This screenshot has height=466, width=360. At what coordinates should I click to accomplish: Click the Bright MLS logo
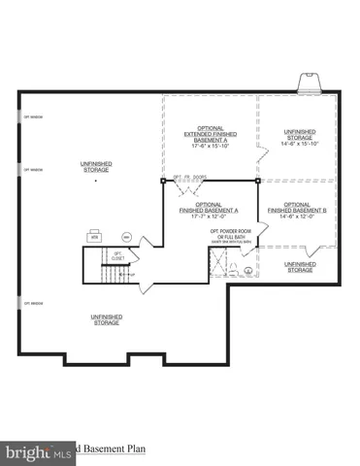(37, 451)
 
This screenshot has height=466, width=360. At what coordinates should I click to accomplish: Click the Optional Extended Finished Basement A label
(210, 137)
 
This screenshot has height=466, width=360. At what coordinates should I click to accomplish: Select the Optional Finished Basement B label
(298, 207)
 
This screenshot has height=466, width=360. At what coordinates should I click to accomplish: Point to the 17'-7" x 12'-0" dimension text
(210, 216)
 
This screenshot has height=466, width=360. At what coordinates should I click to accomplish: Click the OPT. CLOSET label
(117, 256)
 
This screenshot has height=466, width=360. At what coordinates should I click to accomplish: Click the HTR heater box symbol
(96, 236)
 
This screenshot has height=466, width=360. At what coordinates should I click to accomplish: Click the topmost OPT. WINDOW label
(34, 117)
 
